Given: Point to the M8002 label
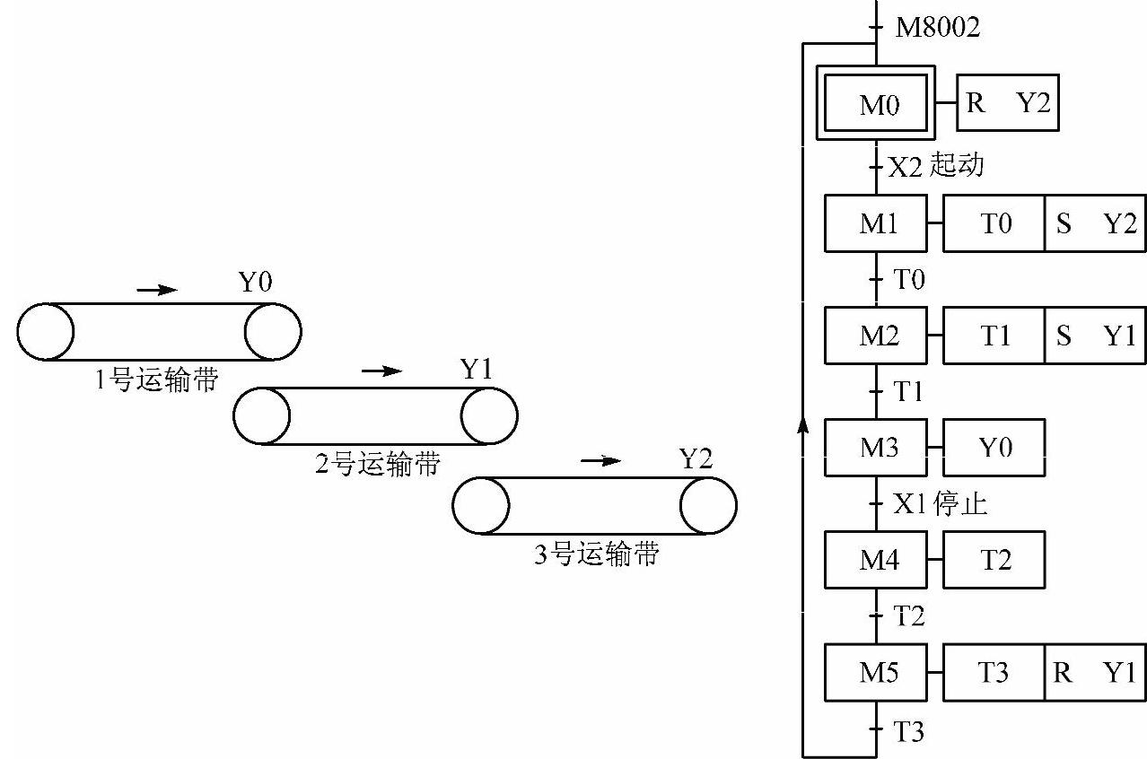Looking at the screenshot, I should coord(939,28).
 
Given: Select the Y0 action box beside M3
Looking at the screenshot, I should coord(994,447).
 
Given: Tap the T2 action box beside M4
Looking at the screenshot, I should coord(994,560).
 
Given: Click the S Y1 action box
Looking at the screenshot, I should coord(1095,336).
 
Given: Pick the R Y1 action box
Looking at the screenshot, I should coord(1095,672).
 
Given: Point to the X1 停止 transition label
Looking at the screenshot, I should coord(939,504).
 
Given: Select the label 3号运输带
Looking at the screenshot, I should coord(596,554).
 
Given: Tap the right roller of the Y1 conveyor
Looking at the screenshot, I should coord(489,416).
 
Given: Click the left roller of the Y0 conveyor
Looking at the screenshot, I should coord(45,332).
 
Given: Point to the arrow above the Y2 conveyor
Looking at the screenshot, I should coord(600,461).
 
